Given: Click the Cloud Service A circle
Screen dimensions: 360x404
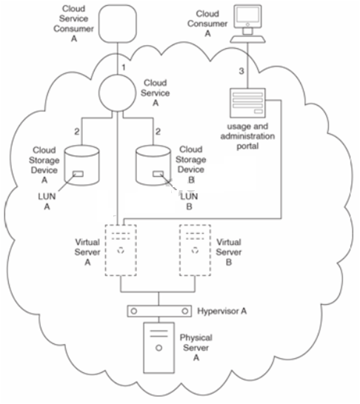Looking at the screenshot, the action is coord(117,93).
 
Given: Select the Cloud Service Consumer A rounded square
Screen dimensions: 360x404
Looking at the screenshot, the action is coord(118,24).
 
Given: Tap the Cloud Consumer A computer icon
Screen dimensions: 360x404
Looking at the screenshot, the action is coord(247,24).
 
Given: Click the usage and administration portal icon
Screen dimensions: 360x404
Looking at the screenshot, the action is coord(247,103).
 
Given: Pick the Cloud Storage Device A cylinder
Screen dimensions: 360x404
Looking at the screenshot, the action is coord(81,166).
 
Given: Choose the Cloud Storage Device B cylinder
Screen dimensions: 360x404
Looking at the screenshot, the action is coord(153,166).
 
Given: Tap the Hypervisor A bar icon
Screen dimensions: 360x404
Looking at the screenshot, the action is coord(159,311).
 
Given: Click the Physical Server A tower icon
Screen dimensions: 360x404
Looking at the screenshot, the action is coord(159,348).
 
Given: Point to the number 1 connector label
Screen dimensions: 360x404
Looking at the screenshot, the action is coord(124,67).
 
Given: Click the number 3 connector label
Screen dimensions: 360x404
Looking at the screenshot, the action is coord(241,71).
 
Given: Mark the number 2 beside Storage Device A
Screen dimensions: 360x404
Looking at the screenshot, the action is coord(77,132).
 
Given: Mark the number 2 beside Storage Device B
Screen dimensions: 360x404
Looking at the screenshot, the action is coord(158,132).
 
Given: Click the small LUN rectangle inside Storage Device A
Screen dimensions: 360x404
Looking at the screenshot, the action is coord(79,174).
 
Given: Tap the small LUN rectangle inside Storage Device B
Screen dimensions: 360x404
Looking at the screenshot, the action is coord(158,174).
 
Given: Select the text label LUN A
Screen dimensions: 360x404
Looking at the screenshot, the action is coord(47,201).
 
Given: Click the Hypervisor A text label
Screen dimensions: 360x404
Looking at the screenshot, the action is coord(222,312).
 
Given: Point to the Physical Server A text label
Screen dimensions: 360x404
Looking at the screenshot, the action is coord(196,348).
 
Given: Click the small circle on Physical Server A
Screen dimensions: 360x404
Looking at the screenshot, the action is coord(159,348).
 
